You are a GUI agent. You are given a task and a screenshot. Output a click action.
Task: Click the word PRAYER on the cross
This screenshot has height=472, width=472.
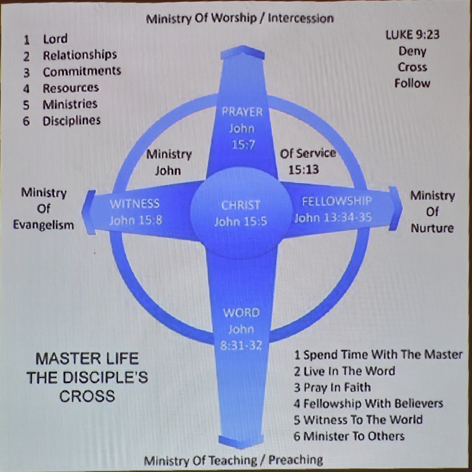[242, 112]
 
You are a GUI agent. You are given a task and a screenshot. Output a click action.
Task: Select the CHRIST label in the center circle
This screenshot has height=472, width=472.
[240, 205]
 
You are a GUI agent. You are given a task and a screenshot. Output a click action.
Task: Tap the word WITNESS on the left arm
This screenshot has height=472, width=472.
[134, 204]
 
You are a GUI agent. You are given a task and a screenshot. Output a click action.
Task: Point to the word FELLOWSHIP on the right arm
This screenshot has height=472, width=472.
[337, 201]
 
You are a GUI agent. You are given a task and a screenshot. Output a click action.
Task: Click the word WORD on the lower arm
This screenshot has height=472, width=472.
[241, 313]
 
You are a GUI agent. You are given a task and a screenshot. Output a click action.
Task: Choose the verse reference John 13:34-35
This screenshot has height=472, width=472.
[333, 217]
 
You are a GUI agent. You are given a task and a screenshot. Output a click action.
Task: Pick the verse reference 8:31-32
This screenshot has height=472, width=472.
[241, 345]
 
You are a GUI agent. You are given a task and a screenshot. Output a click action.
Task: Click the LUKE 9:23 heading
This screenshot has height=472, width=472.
[412, 35]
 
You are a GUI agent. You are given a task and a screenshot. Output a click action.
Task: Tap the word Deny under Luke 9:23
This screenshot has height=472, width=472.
[412, 51]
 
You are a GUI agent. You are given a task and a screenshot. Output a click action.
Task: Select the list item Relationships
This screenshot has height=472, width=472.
[80, 55]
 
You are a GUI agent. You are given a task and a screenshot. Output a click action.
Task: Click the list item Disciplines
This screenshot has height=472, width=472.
[71, 121]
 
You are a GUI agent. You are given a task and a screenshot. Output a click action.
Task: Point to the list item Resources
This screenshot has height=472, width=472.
[70, 88]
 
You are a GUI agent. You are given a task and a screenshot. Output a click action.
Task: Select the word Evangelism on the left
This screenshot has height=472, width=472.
[43, 225]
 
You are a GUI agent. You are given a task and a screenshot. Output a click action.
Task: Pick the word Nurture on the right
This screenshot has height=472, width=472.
[432, 228]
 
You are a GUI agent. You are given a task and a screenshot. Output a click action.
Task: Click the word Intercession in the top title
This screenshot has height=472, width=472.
[300, 18]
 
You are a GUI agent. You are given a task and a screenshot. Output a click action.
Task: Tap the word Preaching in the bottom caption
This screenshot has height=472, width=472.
[295, 460]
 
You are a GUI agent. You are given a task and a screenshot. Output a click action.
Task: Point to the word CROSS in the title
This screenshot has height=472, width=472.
[87, 396]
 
